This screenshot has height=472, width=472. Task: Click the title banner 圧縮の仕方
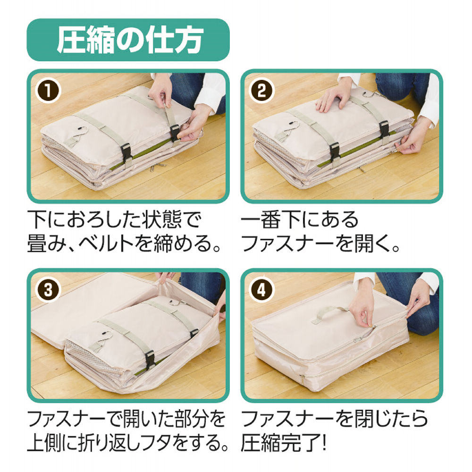(128, 40)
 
